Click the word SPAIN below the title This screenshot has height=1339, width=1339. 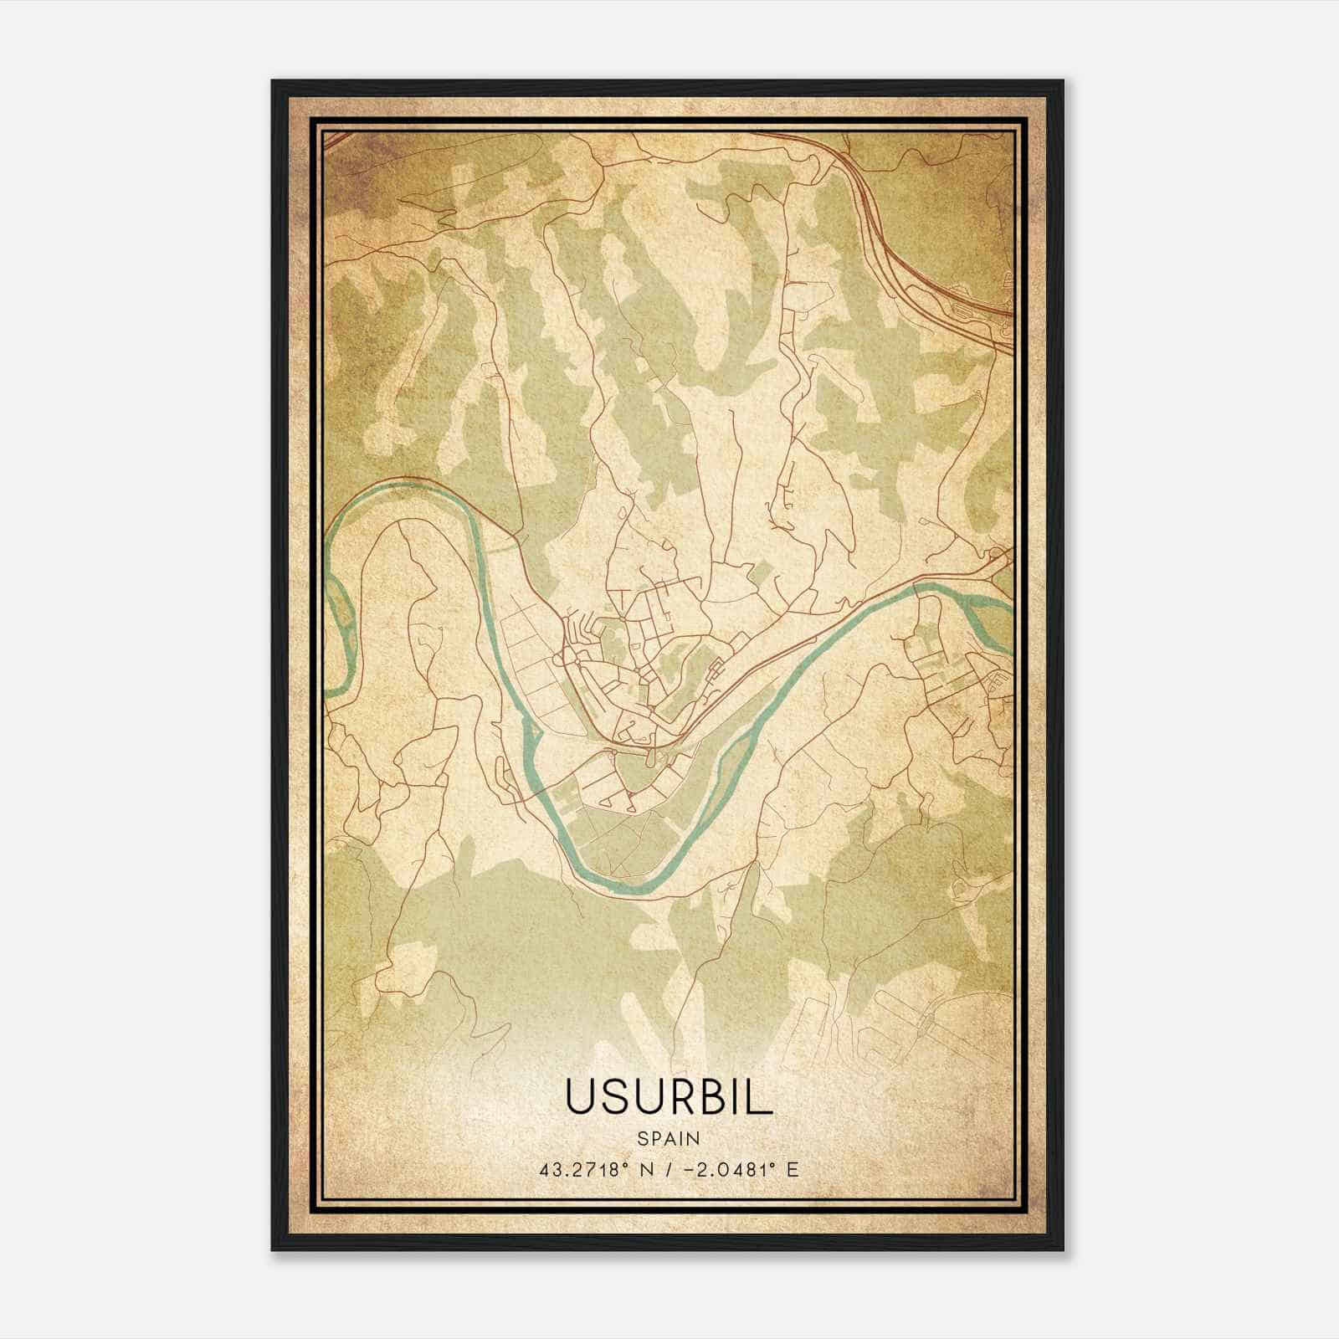(668, 1138)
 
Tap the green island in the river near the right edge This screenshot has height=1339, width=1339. (996, 619)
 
